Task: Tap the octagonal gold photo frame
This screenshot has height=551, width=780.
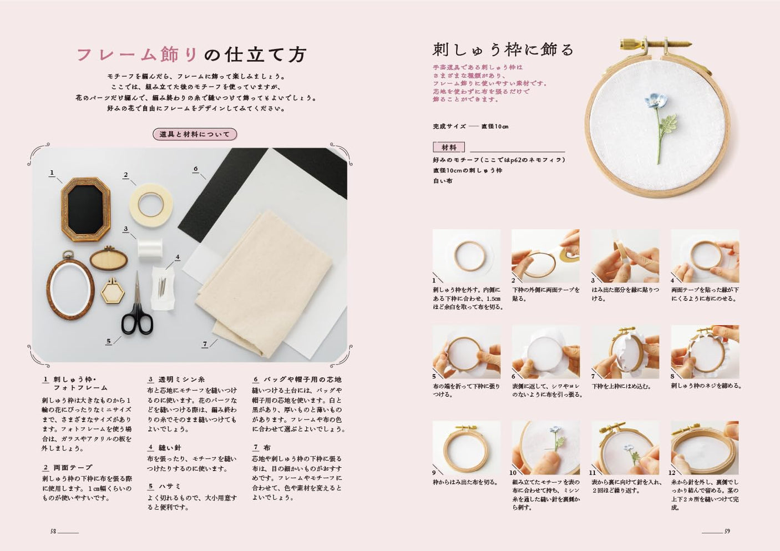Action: click(x=85, y=209)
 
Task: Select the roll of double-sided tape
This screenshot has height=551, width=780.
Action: click(x=151, y=205)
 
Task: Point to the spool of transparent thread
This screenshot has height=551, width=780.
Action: click(x=150, y=250)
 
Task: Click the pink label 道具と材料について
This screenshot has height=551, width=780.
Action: click(x=195, y=134)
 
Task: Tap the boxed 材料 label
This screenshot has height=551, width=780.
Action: click(x=449, y=148)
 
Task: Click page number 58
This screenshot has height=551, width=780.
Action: click(x=53, y=531)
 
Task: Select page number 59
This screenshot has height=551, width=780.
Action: click(x=727, y=531)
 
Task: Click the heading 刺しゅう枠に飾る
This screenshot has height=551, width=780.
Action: click(x=503, y=50)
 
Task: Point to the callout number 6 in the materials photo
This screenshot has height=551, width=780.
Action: click(x=196, y=169)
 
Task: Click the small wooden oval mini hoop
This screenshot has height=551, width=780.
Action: click(x=109, y=259)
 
